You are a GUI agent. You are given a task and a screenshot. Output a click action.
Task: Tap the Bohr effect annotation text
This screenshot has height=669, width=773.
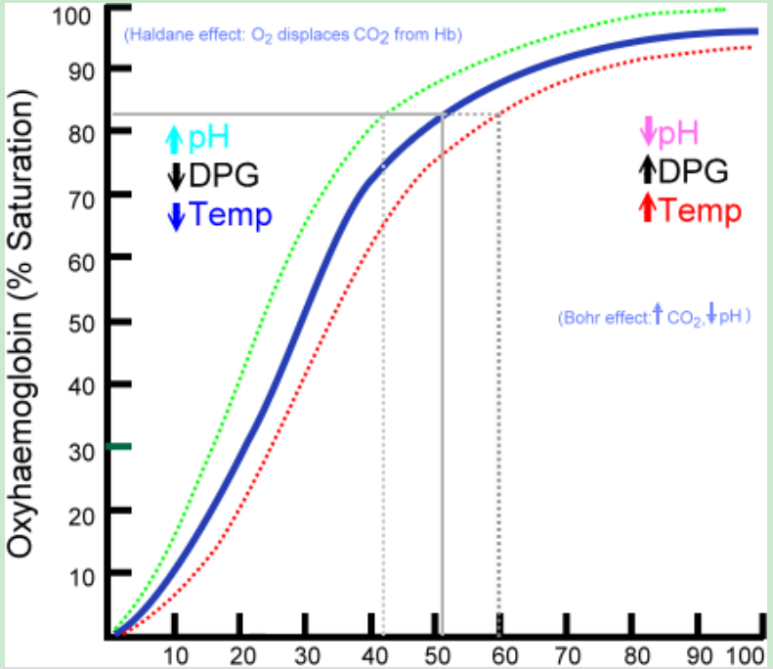tap(654, 317)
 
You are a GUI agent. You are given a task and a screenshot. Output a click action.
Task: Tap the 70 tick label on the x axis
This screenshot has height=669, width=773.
tap(568, 655)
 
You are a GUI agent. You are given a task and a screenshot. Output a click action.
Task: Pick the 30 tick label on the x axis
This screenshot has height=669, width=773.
tap(305, 655)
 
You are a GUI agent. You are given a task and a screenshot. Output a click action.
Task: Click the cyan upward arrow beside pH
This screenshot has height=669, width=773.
tap(174, 140)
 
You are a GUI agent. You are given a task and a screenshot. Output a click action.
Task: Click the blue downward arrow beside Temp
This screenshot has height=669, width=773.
tap(176, 216)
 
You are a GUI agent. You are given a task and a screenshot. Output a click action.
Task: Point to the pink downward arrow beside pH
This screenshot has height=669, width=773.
tap(647, 131)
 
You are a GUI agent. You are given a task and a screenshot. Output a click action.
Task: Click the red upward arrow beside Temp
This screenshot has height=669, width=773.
tap(647, 208)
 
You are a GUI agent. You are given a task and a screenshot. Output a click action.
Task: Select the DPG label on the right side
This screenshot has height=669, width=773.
tap(694, 170)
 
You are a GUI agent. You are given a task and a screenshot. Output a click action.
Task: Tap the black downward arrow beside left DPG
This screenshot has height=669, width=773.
tap(176, 177)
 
